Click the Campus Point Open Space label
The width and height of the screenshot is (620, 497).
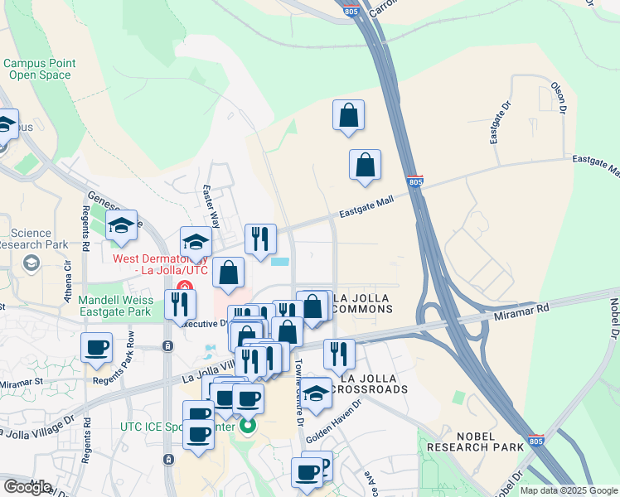pos(39,69)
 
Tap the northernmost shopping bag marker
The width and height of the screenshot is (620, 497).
pos(349,116)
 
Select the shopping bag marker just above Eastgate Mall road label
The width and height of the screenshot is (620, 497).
pos(365,166)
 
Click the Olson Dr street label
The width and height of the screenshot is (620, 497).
pos(561,97)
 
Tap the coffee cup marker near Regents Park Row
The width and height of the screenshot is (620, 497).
pos(96,348)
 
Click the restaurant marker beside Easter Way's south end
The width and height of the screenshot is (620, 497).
pos(260,239)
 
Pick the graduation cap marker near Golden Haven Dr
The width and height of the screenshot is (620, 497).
pos(316,393)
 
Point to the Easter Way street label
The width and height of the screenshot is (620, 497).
pos(211,207)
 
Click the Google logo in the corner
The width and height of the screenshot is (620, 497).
pos(27,487)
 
